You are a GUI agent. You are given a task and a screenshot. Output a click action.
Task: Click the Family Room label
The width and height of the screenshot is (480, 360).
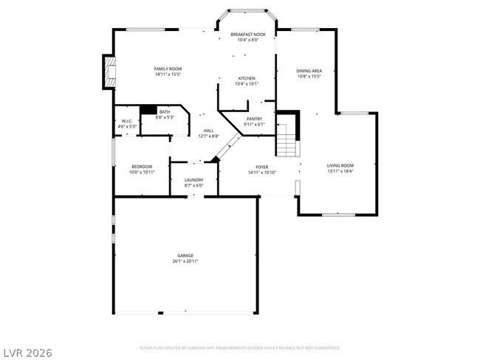pyautogui.click(x=168, y=69)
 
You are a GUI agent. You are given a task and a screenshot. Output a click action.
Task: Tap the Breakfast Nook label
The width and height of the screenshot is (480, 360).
pyautogui.click(x=247, y=35)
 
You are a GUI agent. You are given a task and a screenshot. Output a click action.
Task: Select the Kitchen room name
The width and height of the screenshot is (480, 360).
pyautogui.click(x=247, y=78)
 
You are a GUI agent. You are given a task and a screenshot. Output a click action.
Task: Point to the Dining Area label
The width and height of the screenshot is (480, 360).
pyautogui.click(x=309, y=71)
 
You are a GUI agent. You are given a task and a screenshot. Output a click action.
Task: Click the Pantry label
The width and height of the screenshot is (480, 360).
pyautogui.click(x=254, y=118)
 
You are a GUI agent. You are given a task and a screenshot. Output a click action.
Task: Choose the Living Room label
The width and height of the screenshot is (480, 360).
pyautogui.click(x=340, y=165)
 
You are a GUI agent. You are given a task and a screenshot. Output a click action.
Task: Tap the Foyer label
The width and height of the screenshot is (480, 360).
pyautogui.click(x=261, y=167)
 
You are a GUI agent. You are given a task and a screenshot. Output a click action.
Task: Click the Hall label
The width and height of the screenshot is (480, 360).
pyautogui.click(x=209, y=131)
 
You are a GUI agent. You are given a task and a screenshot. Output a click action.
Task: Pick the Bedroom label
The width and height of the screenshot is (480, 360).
pyautogui.click(x=142, y=167)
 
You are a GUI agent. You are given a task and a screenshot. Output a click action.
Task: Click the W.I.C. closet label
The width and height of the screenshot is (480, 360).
pyautogui.click(x=126, y=122)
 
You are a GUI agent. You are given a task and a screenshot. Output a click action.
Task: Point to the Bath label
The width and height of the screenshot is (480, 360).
pyautogui.click(x=164, y=112)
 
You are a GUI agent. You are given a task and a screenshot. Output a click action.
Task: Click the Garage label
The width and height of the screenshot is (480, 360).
pyautogui.click(x=185, y=256)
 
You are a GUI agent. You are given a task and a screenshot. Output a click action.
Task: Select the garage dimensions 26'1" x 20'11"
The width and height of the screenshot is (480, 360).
pyautogui.click(x=185, y=261)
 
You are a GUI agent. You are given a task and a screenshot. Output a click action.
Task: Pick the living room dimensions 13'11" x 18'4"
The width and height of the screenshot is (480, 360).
pyautogui.click(x=340, y=171)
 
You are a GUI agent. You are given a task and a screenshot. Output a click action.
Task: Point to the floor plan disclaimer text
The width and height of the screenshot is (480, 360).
pyautogui.click(x=240, y=347)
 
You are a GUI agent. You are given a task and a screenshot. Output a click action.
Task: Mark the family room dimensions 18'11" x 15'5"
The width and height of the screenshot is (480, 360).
pyautogui.click(x=168, y=74)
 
